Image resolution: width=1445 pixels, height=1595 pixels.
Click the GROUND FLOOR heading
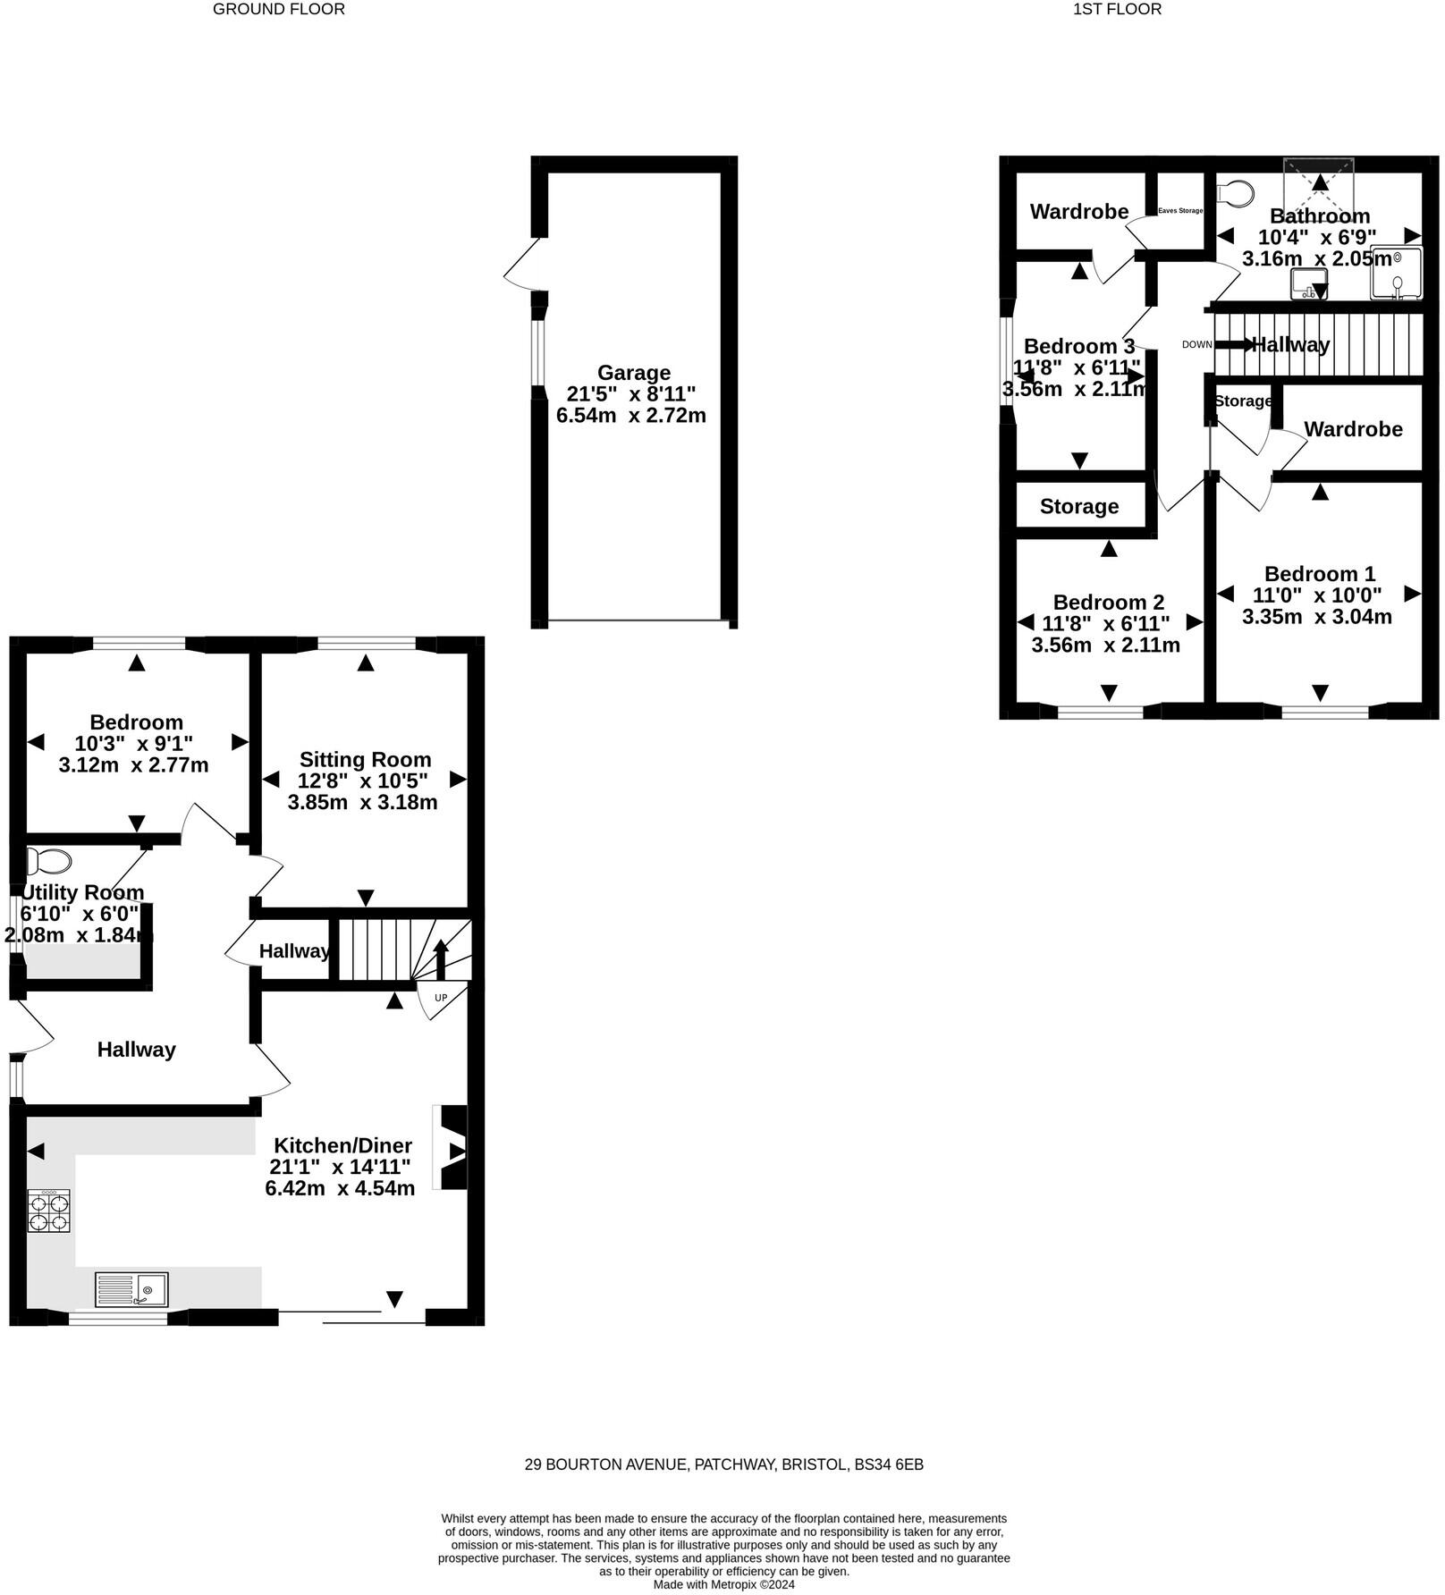point(278,10)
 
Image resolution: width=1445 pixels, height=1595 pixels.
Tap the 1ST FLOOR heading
point(1117,10)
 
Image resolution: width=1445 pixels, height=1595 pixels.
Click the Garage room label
point(633,373)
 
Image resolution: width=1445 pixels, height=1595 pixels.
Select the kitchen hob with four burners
point(48,1212)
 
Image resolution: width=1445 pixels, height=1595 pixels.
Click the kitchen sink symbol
point(131,1289)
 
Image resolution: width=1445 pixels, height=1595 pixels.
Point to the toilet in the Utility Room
point(49,862)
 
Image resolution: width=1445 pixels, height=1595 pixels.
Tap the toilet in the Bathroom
point(1236,193)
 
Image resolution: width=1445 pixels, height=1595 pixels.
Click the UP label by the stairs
point(441,998)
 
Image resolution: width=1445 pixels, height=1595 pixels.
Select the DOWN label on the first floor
point(1196,345)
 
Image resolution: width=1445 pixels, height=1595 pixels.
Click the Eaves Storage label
point(1179,211)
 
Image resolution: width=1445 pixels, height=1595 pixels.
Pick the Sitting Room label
point(365,760)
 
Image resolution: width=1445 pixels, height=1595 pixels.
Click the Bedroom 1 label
point(1319,574)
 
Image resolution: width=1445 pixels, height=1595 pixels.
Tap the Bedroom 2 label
point(1108,603)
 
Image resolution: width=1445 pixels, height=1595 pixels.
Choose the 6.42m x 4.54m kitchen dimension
point(340,1189)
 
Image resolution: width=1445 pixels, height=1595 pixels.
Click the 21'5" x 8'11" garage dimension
point(631,394)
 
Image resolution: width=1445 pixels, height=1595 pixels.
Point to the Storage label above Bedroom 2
point(1079,507)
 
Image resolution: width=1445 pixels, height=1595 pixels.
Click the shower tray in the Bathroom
point(1396,272)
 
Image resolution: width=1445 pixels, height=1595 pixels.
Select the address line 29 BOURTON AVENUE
point(723,1464)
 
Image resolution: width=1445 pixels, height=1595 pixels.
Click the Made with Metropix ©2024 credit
point(723,1584)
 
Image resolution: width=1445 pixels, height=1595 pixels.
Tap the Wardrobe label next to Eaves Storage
point(1078,212)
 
